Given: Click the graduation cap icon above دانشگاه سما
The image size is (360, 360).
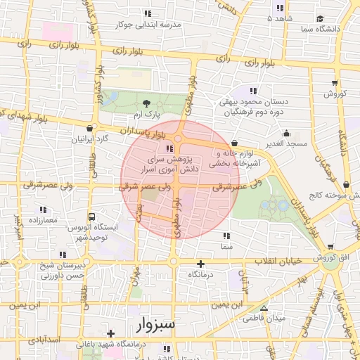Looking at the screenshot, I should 320,18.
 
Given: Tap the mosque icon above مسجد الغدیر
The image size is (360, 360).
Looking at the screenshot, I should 286,133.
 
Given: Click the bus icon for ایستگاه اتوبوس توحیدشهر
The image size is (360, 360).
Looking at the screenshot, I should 91,217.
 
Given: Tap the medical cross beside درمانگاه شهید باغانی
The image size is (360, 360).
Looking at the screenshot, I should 110,333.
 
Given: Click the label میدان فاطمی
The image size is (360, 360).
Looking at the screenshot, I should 264,319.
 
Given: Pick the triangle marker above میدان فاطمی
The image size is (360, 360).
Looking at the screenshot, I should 264,308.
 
